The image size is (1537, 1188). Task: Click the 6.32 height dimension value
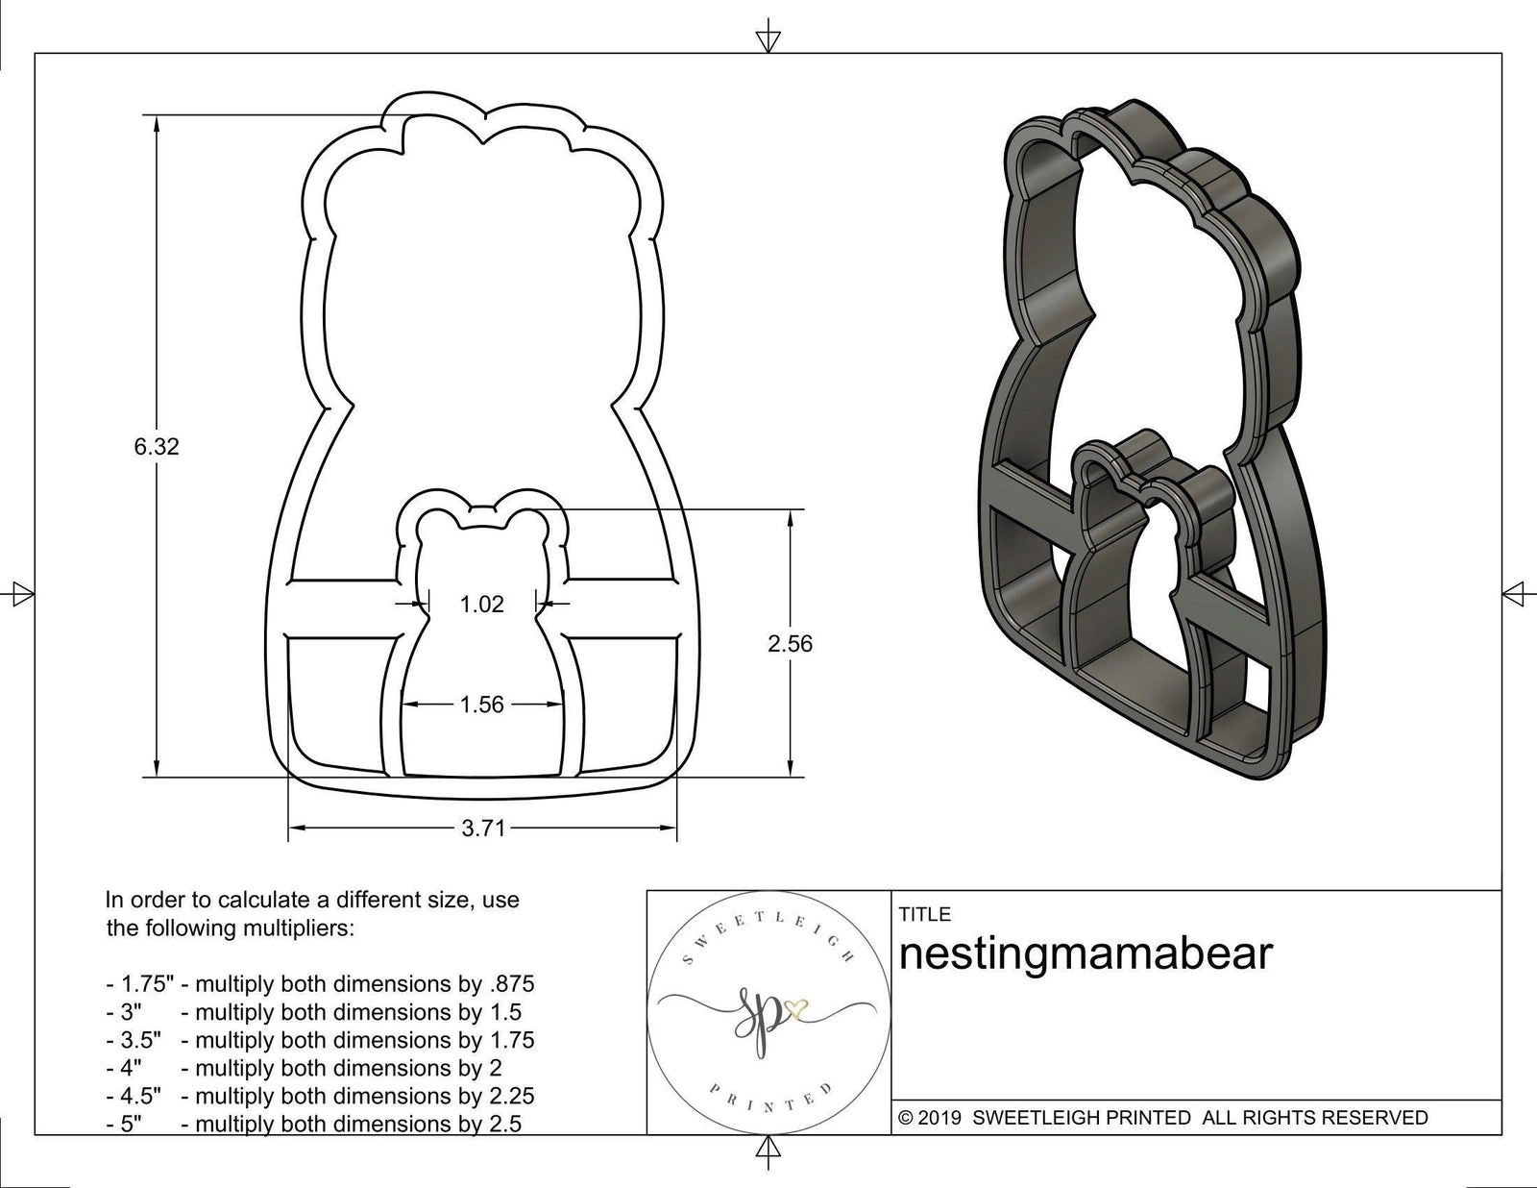pyautogui.click(x=157, y=446)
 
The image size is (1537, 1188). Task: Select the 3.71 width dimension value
pyautogui.click(x=482, y=829)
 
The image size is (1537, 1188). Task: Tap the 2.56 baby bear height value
pyautogui.click(x=790, y=643)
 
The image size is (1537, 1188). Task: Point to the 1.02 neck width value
pyautogui.click(x=481, y=604)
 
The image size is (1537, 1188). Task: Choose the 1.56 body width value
pyautogui.click(x=481, y=705)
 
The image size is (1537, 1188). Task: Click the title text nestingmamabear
pyautogui.click(x=1085, y=954)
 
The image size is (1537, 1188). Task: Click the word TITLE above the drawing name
pyautogui.click(x=924, y=913)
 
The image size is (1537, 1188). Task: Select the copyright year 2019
pyautogui.click(x=941, y=1117)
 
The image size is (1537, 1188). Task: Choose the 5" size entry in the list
pyautogui.click(x=131, y=1124)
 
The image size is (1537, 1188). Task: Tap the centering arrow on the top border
pyautogui.click(x=768, y=39)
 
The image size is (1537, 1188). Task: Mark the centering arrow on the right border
pyautogui.click(x=1517, y=592)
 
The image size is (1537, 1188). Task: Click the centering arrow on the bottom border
pyautogui.click(x=768, y=1148)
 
